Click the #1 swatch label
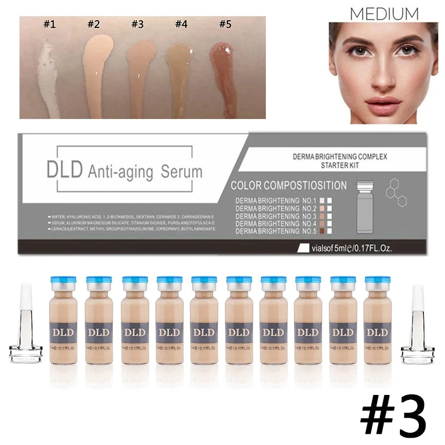(x=50, y=24)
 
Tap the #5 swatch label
(x=225, y=24)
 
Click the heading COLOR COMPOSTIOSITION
(x=288, y=186)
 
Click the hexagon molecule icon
(x=396, y=192)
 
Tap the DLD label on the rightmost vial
(x=377, y=333)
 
